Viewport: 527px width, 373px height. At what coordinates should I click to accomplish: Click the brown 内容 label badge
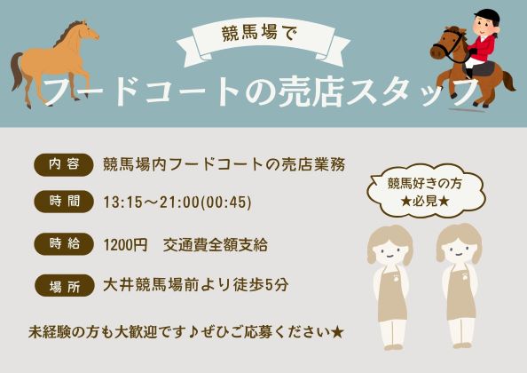(64, 165)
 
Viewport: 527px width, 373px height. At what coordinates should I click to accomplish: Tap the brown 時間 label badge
(64, 202)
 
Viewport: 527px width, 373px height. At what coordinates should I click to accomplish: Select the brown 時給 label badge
(64, 243)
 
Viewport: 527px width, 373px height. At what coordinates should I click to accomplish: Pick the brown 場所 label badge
(64, 286)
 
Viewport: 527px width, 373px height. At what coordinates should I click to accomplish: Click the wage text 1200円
(125, 244)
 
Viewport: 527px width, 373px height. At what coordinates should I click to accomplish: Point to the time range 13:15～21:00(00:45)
(177, 202)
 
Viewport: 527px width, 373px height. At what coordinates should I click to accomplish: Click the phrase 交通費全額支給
(216, 244)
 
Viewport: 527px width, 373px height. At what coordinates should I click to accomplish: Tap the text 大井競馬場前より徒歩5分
(195, 285)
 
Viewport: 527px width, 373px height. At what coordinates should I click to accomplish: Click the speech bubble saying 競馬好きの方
(426, 191)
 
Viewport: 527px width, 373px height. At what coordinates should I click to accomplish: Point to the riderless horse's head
(87, 31)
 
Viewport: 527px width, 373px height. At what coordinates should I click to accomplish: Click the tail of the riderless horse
(17, 71)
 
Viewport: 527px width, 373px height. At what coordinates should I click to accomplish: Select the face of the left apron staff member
(389, 251)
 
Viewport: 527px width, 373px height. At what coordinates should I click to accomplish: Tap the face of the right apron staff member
(459, 250)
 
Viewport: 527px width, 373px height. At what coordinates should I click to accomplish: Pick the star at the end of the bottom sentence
(337, 333)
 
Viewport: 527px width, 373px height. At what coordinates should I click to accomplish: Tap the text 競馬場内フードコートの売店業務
(224, 165)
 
